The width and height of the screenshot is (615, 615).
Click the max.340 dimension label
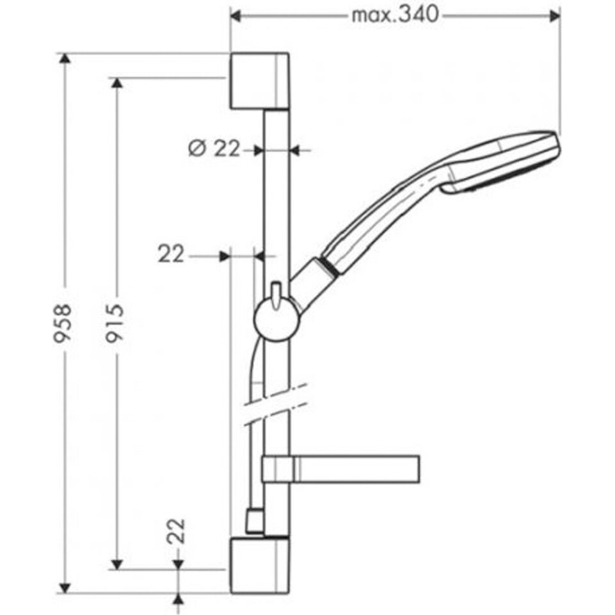pyautogui.click(x=395, y=16)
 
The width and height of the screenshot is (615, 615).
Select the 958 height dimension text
pyautogui.click(x=63, y=323)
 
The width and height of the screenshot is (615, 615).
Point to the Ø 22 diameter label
pyautogui.click(x=214, y=149)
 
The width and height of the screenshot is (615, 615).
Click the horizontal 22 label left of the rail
pyautogui.click(x=171, y=254)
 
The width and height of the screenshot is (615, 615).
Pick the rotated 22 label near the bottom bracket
pyautogui.click(x=175, y=531)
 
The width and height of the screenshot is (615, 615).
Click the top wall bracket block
pyautogui.click(x=260, y=81)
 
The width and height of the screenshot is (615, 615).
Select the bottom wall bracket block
pyautogui.click(x=260, y=566)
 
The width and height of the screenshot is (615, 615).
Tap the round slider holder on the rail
pyautogui.click(x=277, y=318)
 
